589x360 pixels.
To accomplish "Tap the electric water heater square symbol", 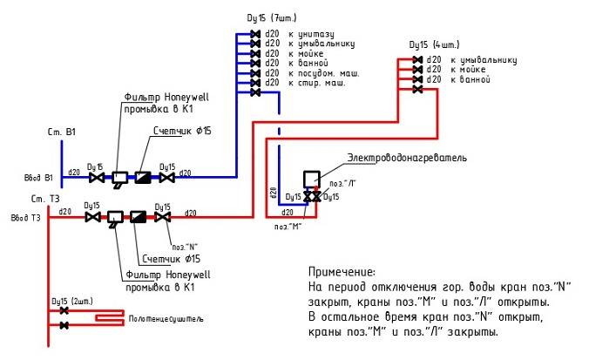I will click(x=311, y=179).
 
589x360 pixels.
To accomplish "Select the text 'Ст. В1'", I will click(x=62, y=132).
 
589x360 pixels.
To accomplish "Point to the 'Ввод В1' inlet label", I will click(x=38, y=178).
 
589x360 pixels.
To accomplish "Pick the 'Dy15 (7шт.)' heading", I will click(x=274, y=18).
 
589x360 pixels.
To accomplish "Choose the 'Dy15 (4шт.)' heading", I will click(x=434, y=44).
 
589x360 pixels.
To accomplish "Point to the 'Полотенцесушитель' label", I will click(x=166, y=319).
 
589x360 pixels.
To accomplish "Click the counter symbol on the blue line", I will click(x=142, y=177).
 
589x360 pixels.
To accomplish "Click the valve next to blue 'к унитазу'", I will click(x=255, y=34).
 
